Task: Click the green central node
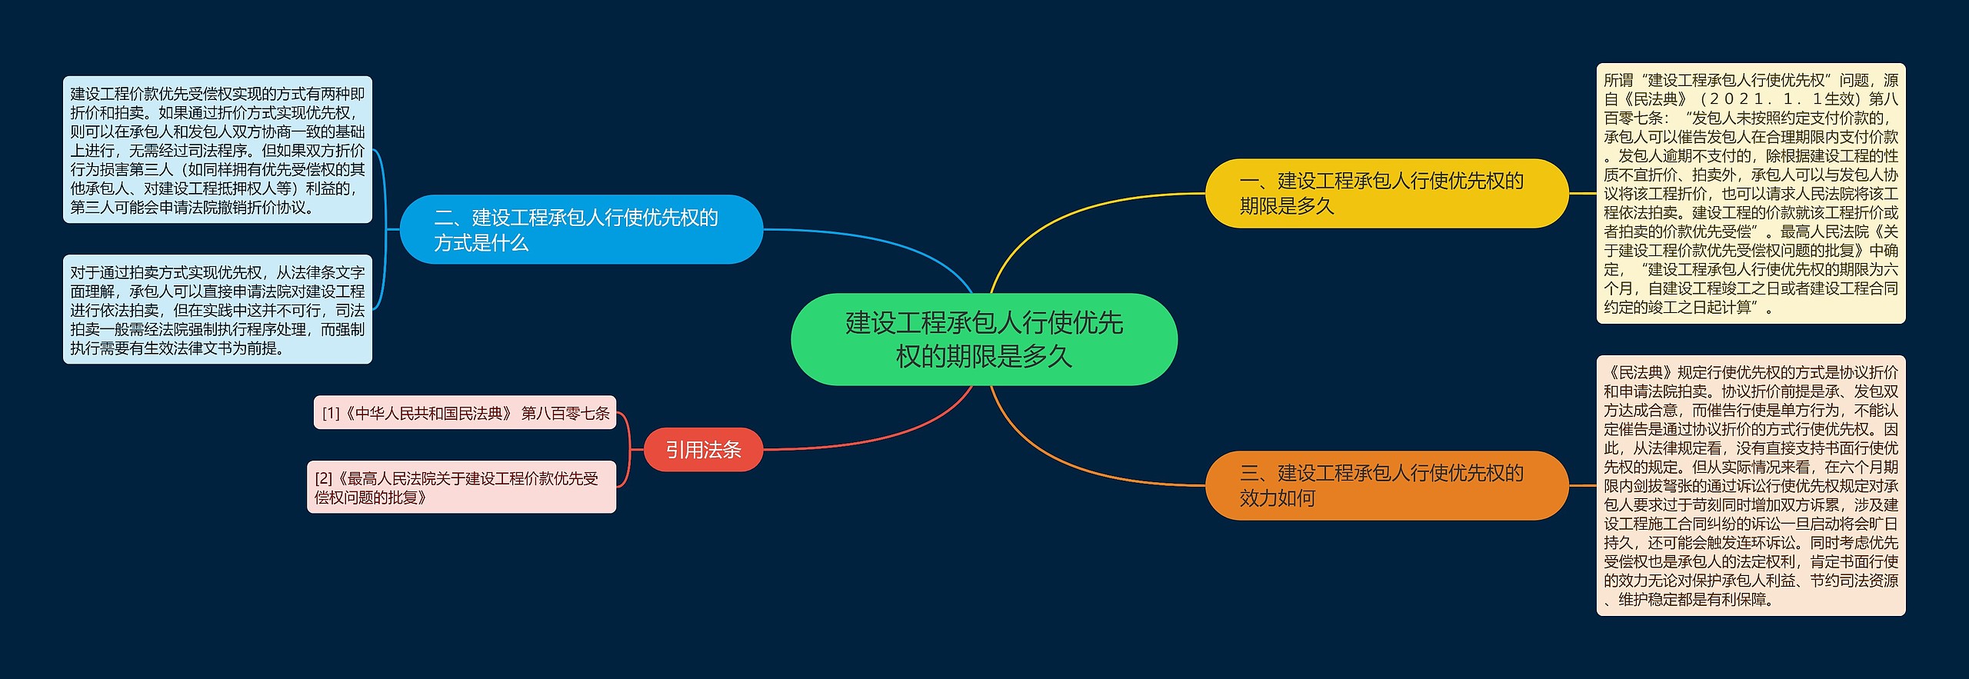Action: [984, 339]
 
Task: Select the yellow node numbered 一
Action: [1386, 193]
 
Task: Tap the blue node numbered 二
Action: [581, 230]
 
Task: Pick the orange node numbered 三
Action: [1386, 485]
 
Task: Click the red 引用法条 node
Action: [703, 450]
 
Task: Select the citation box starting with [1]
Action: [465, 413]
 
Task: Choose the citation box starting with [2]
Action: [461, 488]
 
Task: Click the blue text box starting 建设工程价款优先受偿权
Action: [217, 150]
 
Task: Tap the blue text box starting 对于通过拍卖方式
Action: [217, 309]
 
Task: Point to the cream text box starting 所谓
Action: [1751, 193]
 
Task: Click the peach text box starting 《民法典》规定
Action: [1751, 485]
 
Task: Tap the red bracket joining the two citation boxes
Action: [628, 450]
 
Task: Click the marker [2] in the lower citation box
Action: [323, 478]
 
